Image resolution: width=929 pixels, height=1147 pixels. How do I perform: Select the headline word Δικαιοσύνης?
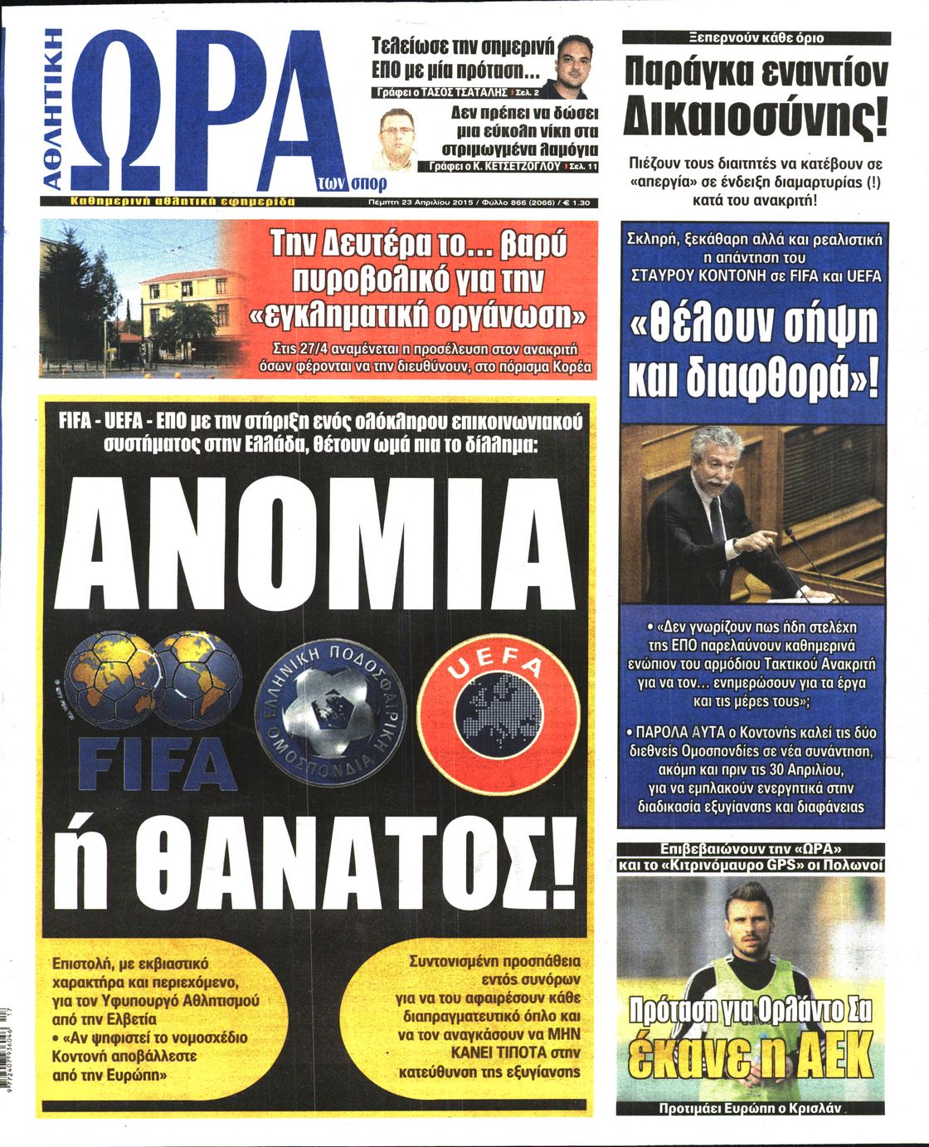point(755,119)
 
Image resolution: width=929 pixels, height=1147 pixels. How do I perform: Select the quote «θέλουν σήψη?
point(754,326)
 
